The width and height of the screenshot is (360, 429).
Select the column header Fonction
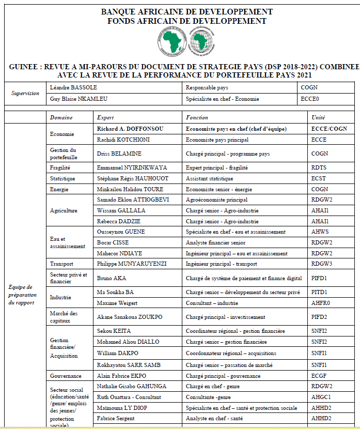[197, 117]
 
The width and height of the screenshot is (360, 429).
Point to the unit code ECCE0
[310, 99]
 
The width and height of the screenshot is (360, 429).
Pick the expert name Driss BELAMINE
[119, 154]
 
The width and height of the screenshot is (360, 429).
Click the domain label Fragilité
[60, 167]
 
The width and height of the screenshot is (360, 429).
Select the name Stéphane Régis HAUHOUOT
[132, 178]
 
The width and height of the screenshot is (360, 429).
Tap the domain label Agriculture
[64, 210]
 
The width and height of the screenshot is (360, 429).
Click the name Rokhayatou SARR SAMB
[129, 365]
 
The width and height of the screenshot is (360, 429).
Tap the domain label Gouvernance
[66, 376]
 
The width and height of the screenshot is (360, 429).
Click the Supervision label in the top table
[25, 94]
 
